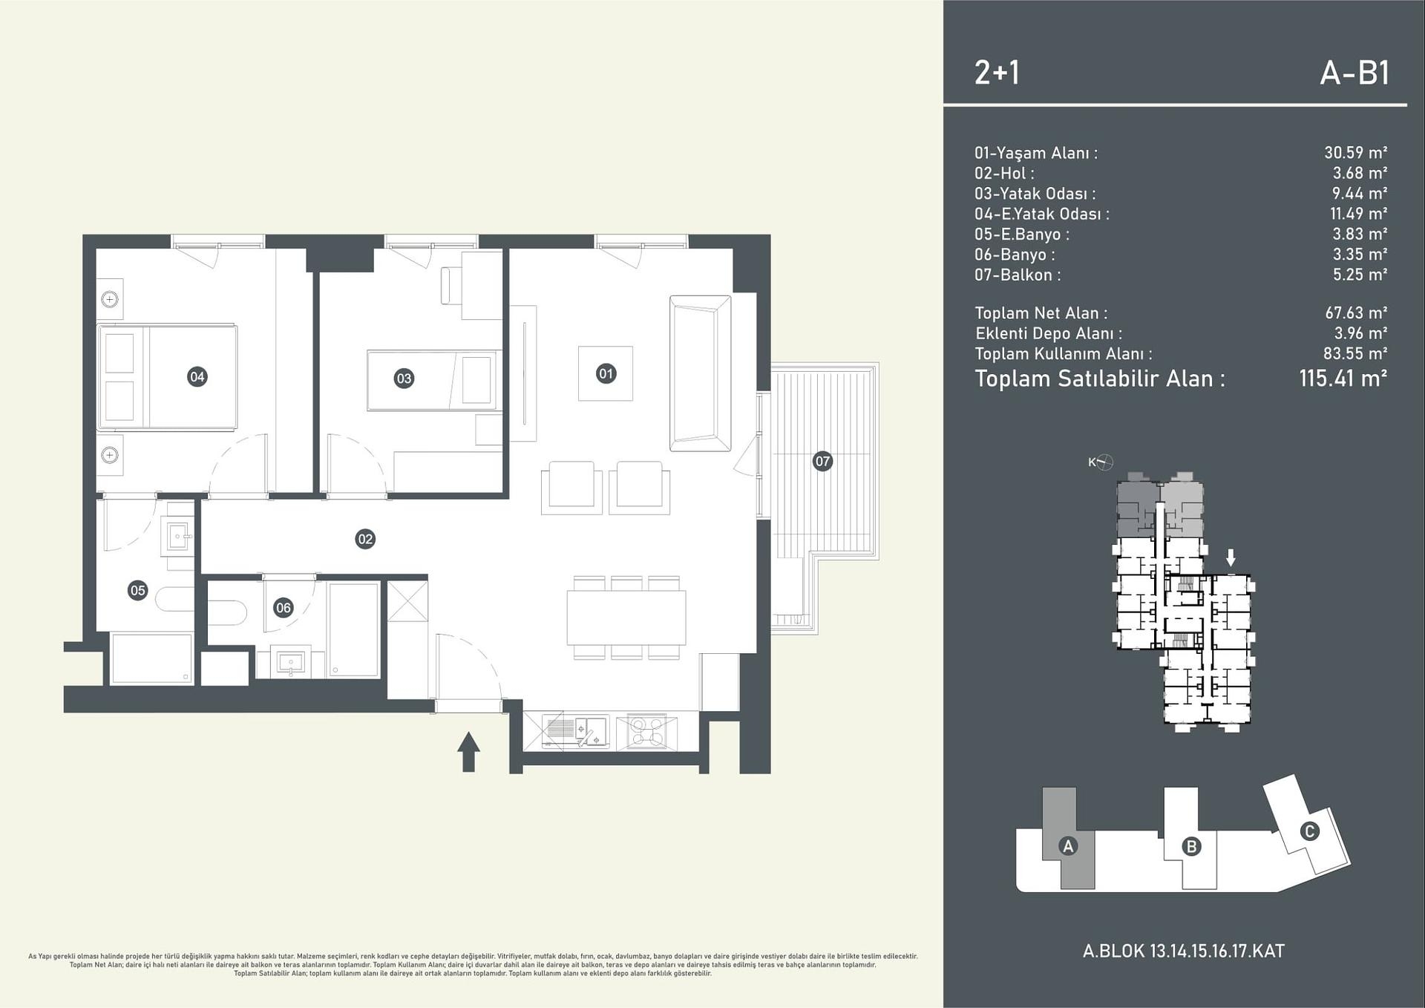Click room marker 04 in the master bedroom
pyautogui.click(x=197, y=377)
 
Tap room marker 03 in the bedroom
pyautogui.click(x=403, y=379)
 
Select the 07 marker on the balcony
pyautogui.click(x=822, y=461)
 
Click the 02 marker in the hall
pyautogui.click(x=364, y=539)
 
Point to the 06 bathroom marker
pyautogui.click(x=283, y=608)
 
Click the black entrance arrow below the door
pyautogui.click(x=468, y=751)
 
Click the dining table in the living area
pyautogui.click(x=626, y=617)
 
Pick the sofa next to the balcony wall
pyautogui.click(x=700, y=373)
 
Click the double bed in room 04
pyautogui.click(x=168, y=377)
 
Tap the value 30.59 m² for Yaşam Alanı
pyautogui.click(x=1355, y=153)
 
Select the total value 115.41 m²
pyautogui.click(x=1343, y=379)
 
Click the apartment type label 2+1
pyautogui.click(x=997, y=73)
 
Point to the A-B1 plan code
pyautogui.click(x=1354, y=73)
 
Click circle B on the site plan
pyautogui.click(x=1191, y=846)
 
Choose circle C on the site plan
pyautogui.click(x=1309, y=831)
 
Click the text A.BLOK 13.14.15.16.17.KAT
pyautogui.click(x=1183, y=952)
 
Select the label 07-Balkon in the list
pyautogui.click(x=1017, y=275)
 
